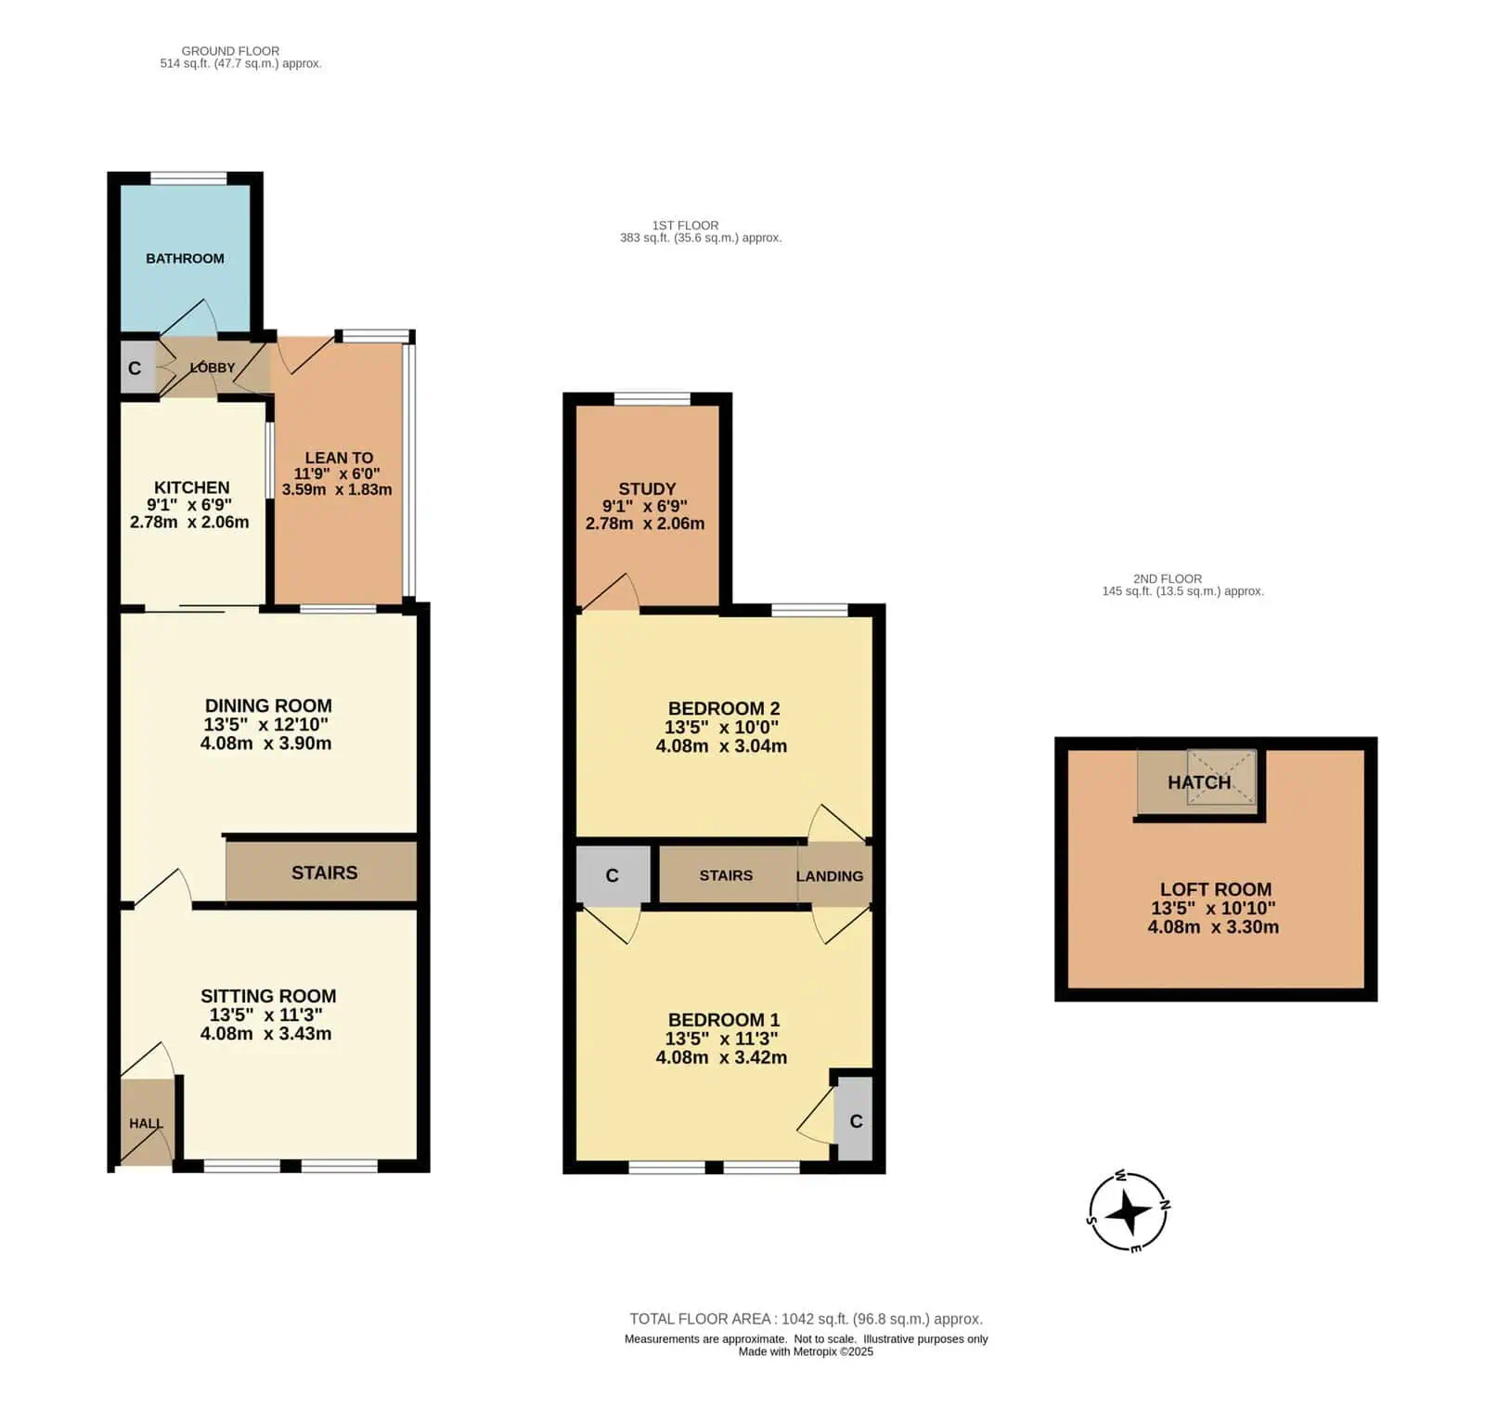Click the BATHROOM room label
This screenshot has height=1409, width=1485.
tap(185, 259)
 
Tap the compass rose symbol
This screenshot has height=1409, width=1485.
tap(1129, 1211)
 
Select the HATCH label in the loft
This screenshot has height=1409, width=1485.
tap(1199, 782)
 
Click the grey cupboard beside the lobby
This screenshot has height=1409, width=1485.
tap(136, 368)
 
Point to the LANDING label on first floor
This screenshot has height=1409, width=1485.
tap(830, 876)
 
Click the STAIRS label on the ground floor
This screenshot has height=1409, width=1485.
tap(325, 873)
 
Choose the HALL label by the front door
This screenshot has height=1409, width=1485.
tap(146, 1124)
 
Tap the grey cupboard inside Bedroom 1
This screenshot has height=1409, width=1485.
tap(855, 1118)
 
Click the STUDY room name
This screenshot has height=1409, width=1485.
tap(647, 489)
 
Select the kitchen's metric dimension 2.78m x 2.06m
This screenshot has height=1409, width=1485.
tap(189, 523)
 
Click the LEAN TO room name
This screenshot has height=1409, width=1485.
tap(339, 458)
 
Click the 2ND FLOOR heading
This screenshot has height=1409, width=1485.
tap(1168, 579)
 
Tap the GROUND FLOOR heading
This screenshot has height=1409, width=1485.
tap(230, 51)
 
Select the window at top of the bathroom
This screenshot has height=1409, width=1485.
tap(189, 178)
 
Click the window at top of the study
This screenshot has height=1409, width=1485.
tap(652, 399)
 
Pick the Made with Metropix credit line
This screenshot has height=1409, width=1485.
tap(806, 1351)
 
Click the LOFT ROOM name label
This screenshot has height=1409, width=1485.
tap(1216, 889)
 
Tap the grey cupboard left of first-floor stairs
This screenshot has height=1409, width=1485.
tap(613, 874)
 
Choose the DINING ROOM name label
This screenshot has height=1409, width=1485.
tap(268, 706)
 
